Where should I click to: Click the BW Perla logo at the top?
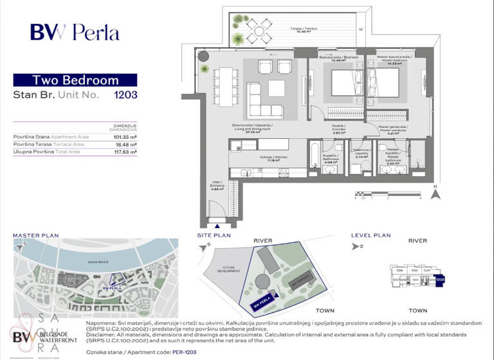point(74,32)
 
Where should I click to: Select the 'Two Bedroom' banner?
point(75,80)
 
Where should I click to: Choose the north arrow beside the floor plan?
point(435,191)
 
